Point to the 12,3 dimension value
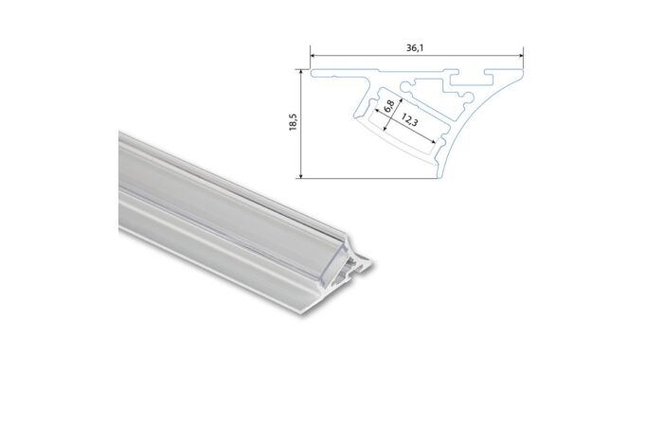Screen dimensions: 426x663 (410, 120)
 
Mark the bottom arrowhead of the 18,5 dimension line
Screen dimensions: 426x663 (301, 175)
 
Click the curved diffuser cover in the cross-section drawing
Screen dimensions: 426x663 (398, 142)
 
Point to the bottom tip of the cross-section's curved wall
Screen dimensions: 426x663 (439, 176)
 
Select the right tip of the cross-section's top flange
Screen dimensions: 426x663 (522, 70)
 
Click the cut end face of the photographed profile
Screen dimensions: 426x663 (358, 265)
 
